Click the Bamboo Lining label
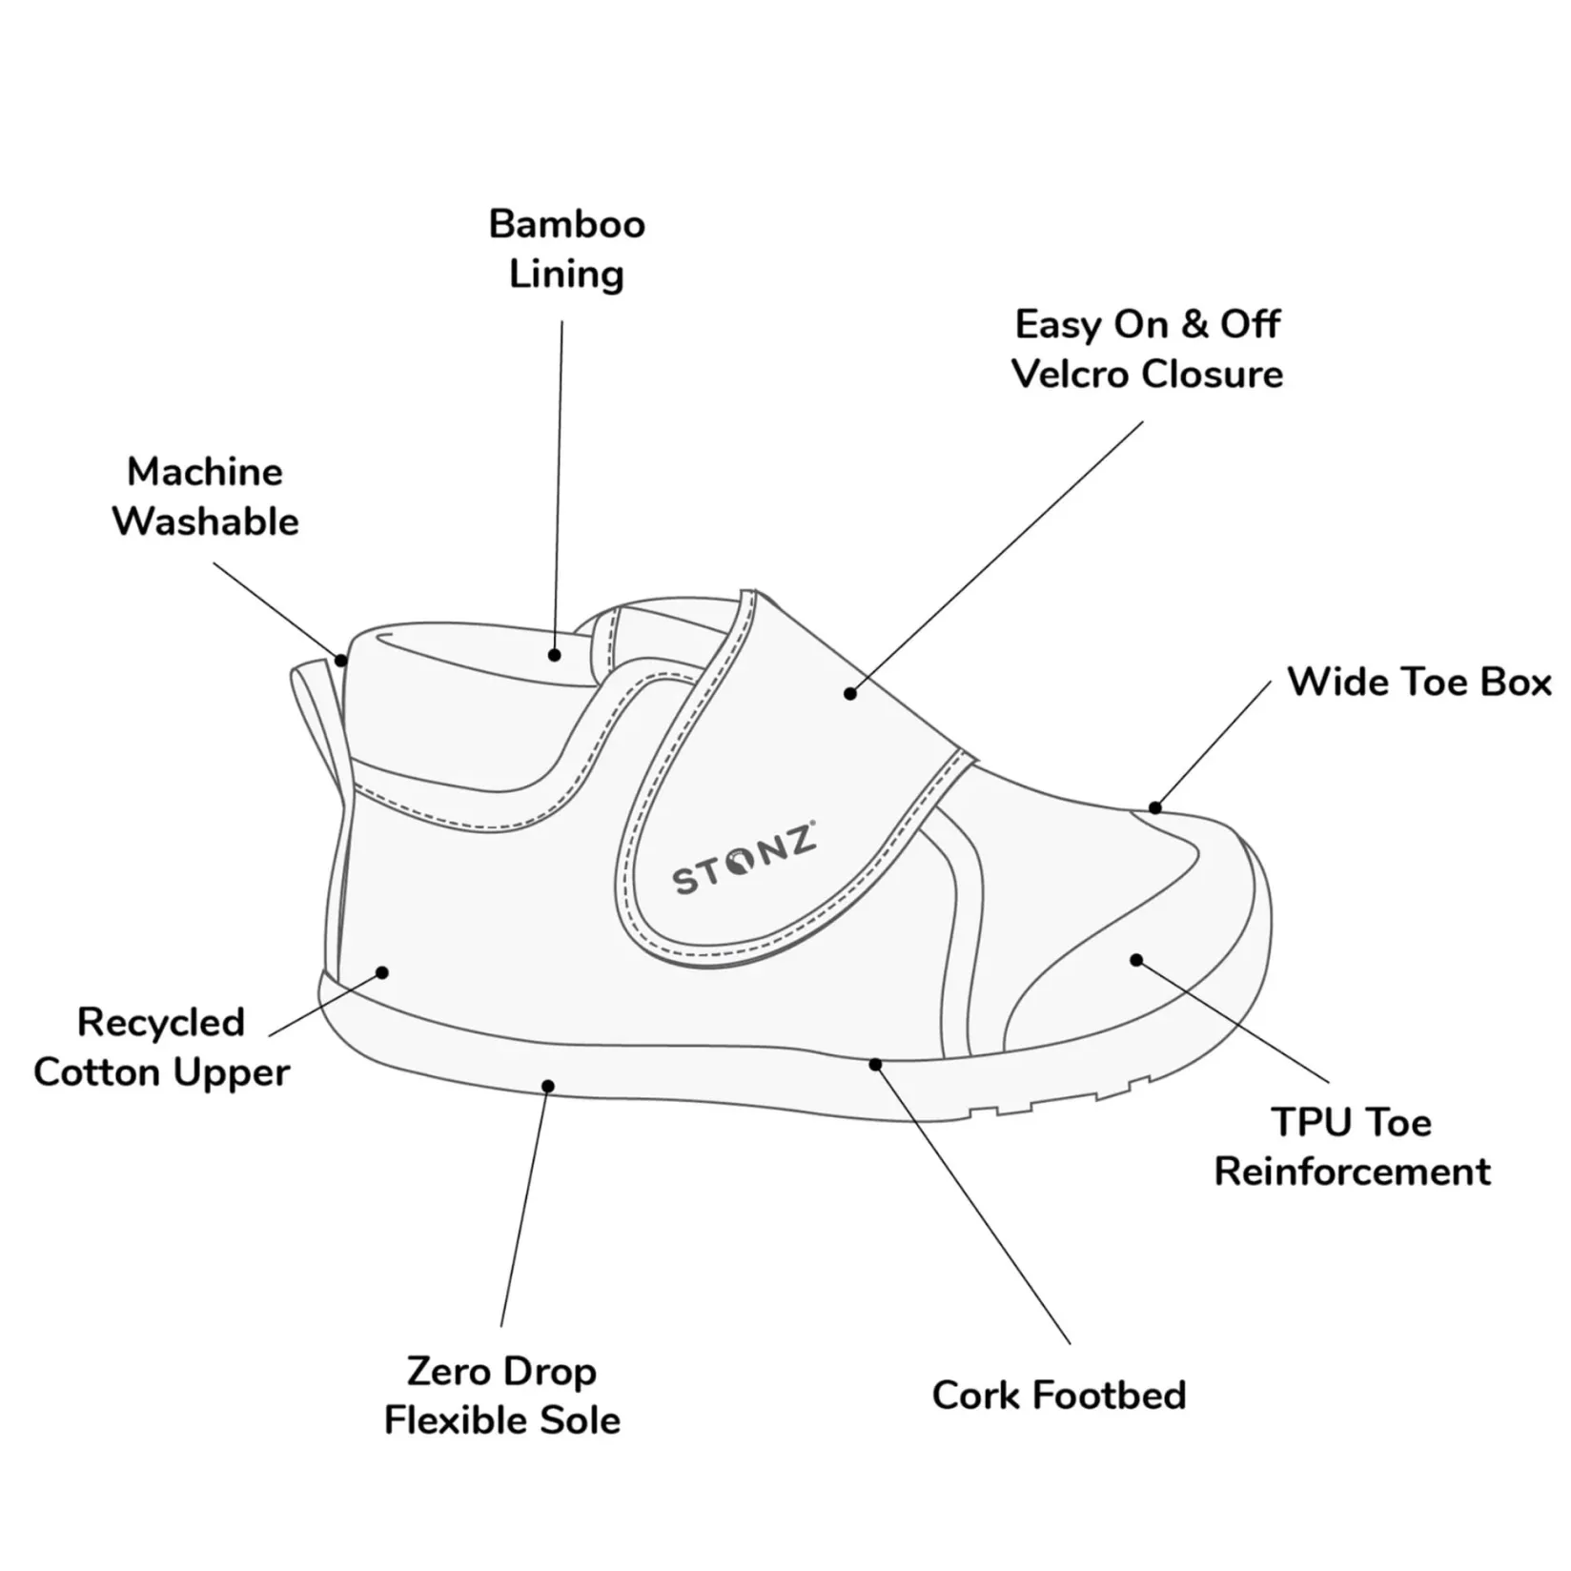click(566, 249)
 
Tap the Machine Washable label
click(205, 497)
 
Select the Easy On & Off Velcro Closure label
click(1147, 349)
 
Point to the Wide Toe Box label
click(1418, 683)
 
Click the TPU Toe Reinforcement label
click(1352, 1147)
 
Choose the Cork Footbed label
click(1058, 1396)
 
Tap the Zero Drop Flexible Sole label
click(501, 1396)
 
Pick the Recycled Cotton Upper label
click(161, 1048)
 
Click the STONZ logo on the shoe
click(744, 859)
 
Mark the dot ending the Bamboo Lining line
click(554, 655)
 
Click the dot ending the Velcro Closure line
click(850, 694)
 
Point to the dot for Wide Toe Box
click(1154, 808)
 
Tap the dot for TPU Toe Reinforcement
click(1136, 960)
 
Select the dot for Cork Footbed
click(875, 1064)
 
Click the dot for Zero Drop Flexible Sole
click(547, 1087)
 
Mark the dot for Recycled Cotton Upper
click(382, 972)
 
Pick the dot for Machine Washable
click(341, 660)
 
